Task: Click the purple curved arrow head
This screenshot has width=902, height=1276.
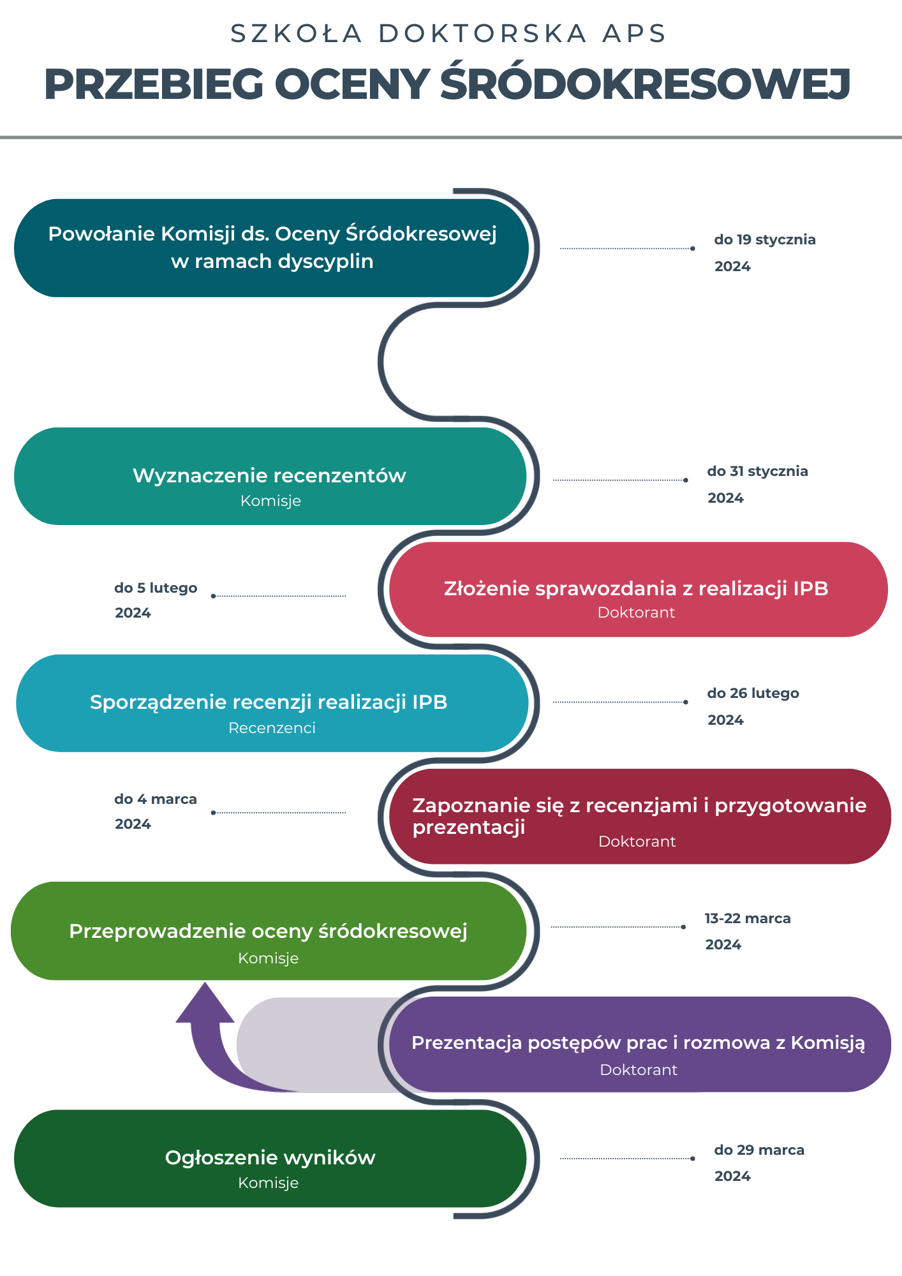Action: pos(205,1004)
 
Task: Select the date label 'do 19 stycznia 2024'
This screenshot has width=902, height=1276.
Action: pos(764,253)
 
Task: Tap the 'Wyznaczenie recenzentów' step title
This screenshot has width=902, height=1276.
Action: pos(269,476)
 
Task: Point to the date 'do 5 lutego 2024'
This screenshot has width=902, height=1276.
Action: pos(156,600)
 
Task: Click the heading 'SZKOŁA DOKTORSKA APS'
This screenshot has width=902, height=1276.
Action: pos(448,34)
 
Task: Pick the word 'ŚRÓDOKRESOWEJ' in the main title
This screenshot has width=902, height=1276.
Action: pos(645,84)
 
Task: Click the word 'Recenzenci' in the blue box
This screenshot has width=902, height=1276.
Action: pos(272,728)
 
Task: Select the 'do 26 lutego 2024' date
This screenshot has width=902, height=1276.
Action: pos(753,706)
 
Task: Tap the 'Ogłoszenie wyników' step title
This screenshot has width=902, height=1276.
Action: pos(270,1157)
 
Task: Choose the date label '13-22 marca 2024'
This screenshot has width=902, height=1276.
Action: pos(748,931)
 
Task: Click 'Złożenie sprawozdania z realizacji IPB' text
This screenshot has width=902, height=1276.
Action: pos(636,588)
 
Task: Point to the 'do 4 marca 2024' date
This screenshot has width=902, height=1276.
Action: pos(156,811)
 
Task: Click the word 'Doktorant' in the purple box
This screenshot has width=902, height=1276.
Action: pos(639,1070)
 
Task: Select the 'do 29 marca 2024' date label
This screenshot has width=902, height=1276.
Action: pos(759,1162)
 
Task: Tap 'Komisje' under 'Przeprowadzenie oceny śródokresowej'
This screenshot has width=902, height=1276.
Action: pos(269,958)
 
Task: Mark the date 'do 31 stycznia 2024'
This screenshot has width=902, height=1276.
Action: pos(757,484)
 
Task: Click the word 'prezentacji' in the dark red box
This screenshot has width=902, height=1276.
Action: pos(469,827)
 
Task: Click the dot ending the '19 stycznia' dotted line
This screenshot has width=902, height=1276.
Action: pos(693,248)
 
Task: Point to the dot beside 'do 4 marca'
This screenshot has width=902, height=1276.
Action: pos(213,813)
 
